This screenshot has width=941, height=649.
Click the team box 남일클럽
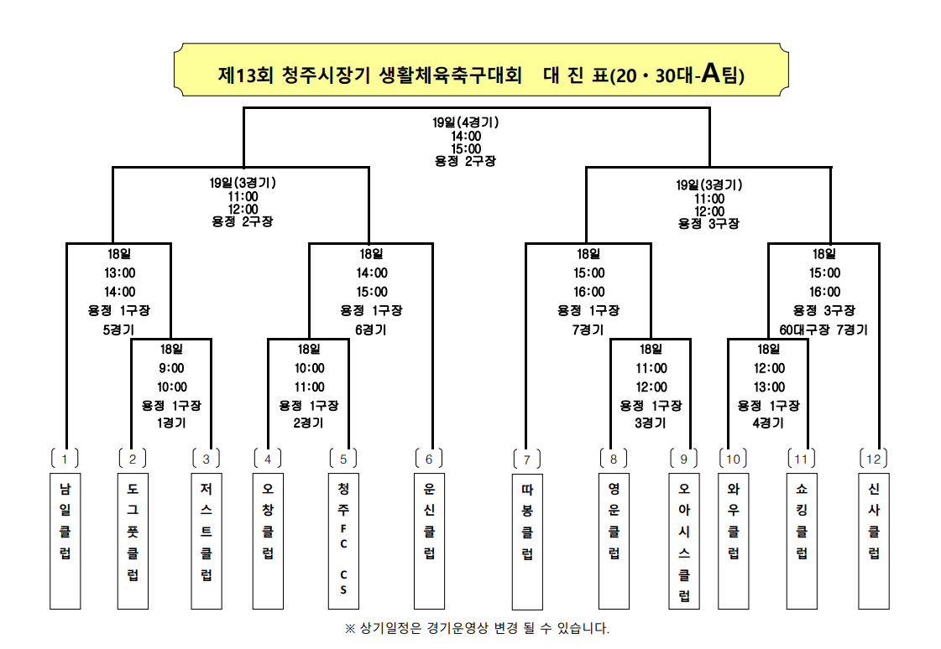tap(65, 541)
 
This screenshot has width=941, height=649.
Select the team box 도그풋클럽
tap(133, 541)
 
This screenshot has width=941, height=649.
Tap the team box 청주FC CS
tap(342, 541)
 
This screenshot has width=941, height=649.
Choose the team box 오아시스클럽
tap(684, 541)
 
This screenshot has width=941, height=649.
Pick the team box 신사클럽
tap(874, 541)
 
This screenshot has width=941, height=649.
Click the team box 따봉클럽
tap(527, 541)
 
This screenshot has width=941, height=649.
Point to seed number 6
tap(428, 459)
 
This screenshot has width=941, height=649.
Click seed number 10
tap(733, 459)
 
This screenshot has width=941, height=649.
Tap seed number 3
tap(206, 459)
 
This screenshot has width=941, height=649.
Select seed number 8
tap(614, 459)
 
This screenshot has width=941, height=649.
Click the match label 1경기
tap(171, 423)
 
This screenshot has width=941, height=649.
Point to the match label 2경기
tap(309, 423)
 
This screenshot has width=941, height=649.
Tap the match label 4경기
tap(768, 423)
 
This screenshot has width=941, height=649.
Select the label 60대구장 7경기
tap(823, 330)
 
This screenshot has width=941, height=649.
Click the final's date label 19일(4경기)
tap(466, 122)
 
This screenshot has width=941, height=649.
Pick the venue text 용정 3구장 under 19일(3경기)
tap(709, 224)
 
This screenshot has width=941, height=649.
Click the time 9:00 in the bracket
tap(171, 367)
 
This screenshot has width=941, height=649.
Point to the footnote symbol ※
tap(350, 628)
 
